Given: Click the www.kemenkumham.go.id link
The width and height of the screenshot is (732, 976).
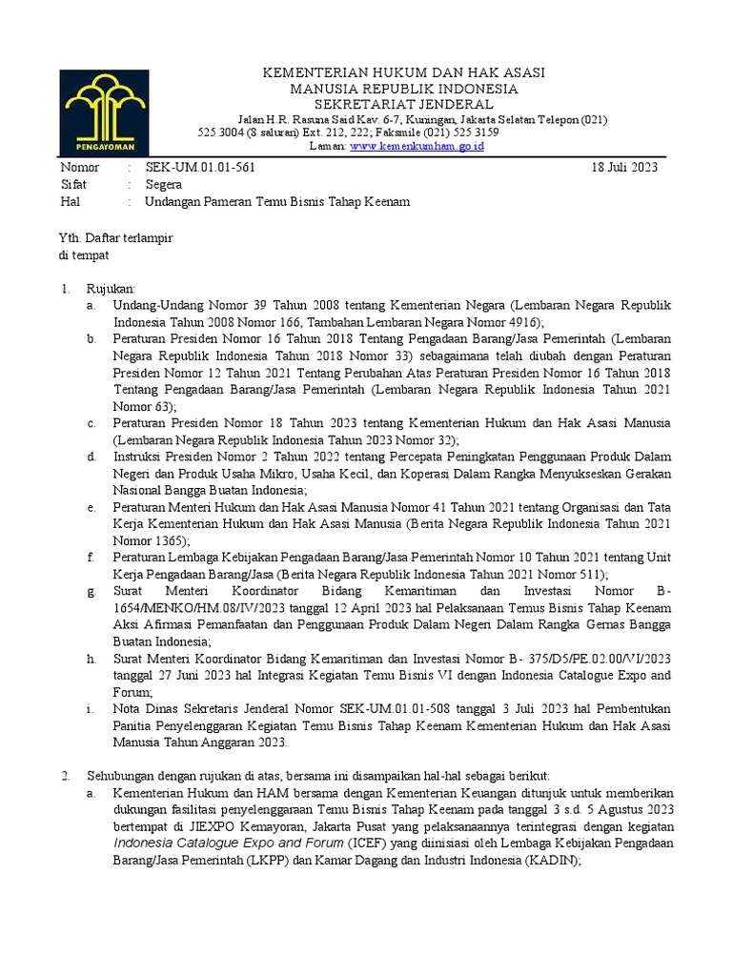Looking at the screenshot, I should pyautogui.click(x=418, y=147).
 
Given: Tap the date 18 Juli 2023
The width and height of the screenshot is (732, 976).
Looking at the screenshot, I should pyautogui.click(x=624, y=167).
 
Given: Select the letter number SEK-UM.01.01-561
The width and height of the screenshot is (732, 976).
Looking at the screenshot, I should pyautogui.click(x=199, y=167).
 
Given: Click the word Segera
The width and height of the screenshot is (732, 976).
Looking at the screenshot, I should pyautogui.click(x=163, y=185).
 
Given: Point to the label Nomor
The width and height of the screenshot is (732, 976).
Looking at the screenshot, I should pyautogui.click(x=79, y=167).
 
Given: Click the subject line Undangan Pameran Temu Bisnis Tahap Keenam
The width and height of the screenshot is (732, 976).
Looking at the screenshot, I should pyautogui.click(x=276, y=203).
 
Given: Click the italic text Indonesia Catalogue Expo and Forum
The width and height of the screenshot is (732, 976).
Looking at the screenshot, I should pyautogui.click(x=227, y=843).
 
